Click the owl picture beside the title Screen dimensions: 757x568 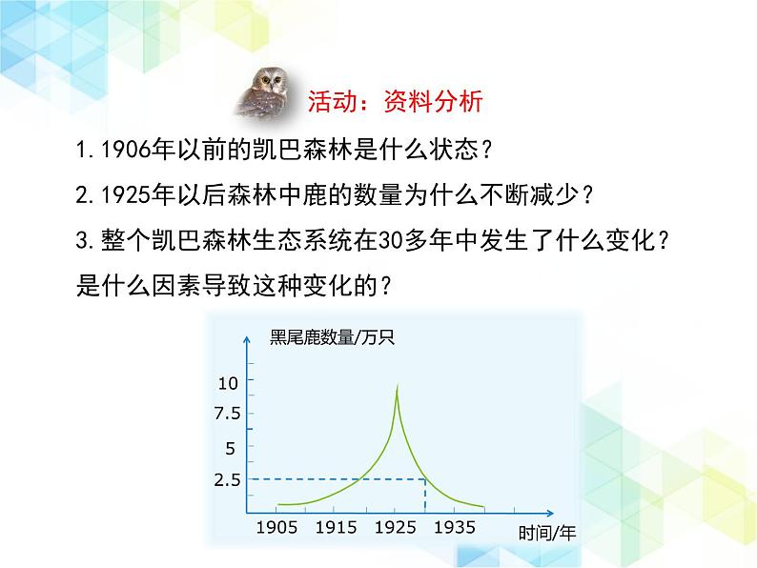click(266, 92)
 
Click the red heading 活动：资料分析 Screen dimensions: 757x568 click(396, 101)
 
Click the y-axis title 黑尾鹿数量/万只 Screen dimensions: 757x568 click(332, 336)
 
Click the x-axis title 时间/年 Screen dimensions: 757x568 click(547, 534)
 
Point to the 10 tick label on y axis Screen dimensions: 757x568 click(228, 384)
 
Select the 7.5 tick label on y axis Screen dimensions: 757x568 click(228, 414)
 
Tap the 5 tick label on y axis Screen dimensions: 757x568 click(231, 449)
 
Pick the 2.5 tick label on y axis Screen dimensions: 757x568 click(228, 480)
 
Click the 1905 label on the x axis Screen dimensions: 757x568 click(276, 527)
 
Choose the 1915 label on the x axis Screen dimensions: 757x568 click(336, 527)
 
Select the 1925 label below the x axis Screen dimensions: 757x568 click(396, 527)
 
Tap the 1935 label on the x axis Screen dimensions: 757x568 click(455, 527)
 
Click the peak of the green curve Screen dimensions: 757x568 click(398, 385)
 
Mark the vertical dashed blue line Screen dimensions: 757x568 click(425, 497)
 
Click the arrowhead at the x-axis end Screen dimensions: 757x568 click(550, 513)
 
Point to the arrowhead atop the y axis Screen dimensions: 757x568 click(247, 339)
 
